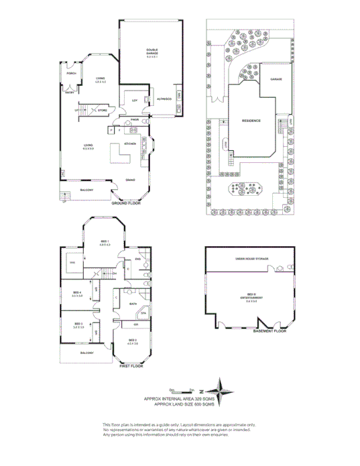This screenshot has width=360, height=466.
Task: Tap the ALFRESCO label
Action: (x=164, y=99)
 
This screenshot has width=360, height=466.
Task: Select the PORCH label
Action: (x=71, y=74)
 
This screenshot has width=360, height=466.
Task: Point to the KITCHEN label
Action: (x=131, y=143)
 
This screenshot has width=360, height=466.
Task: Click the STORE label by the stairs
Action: (x=103, y=110)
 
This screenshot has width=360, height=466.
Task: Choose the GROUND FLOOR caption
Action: (x=125, y=202)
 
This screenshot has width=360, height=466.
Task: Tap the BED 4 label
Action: (x=76, y=293)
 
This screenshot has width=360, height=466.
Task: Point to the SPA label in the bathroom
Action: (x=143, y=314)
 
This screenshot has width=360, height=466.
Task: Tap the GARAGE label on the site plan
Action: (x=276, y=79)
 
